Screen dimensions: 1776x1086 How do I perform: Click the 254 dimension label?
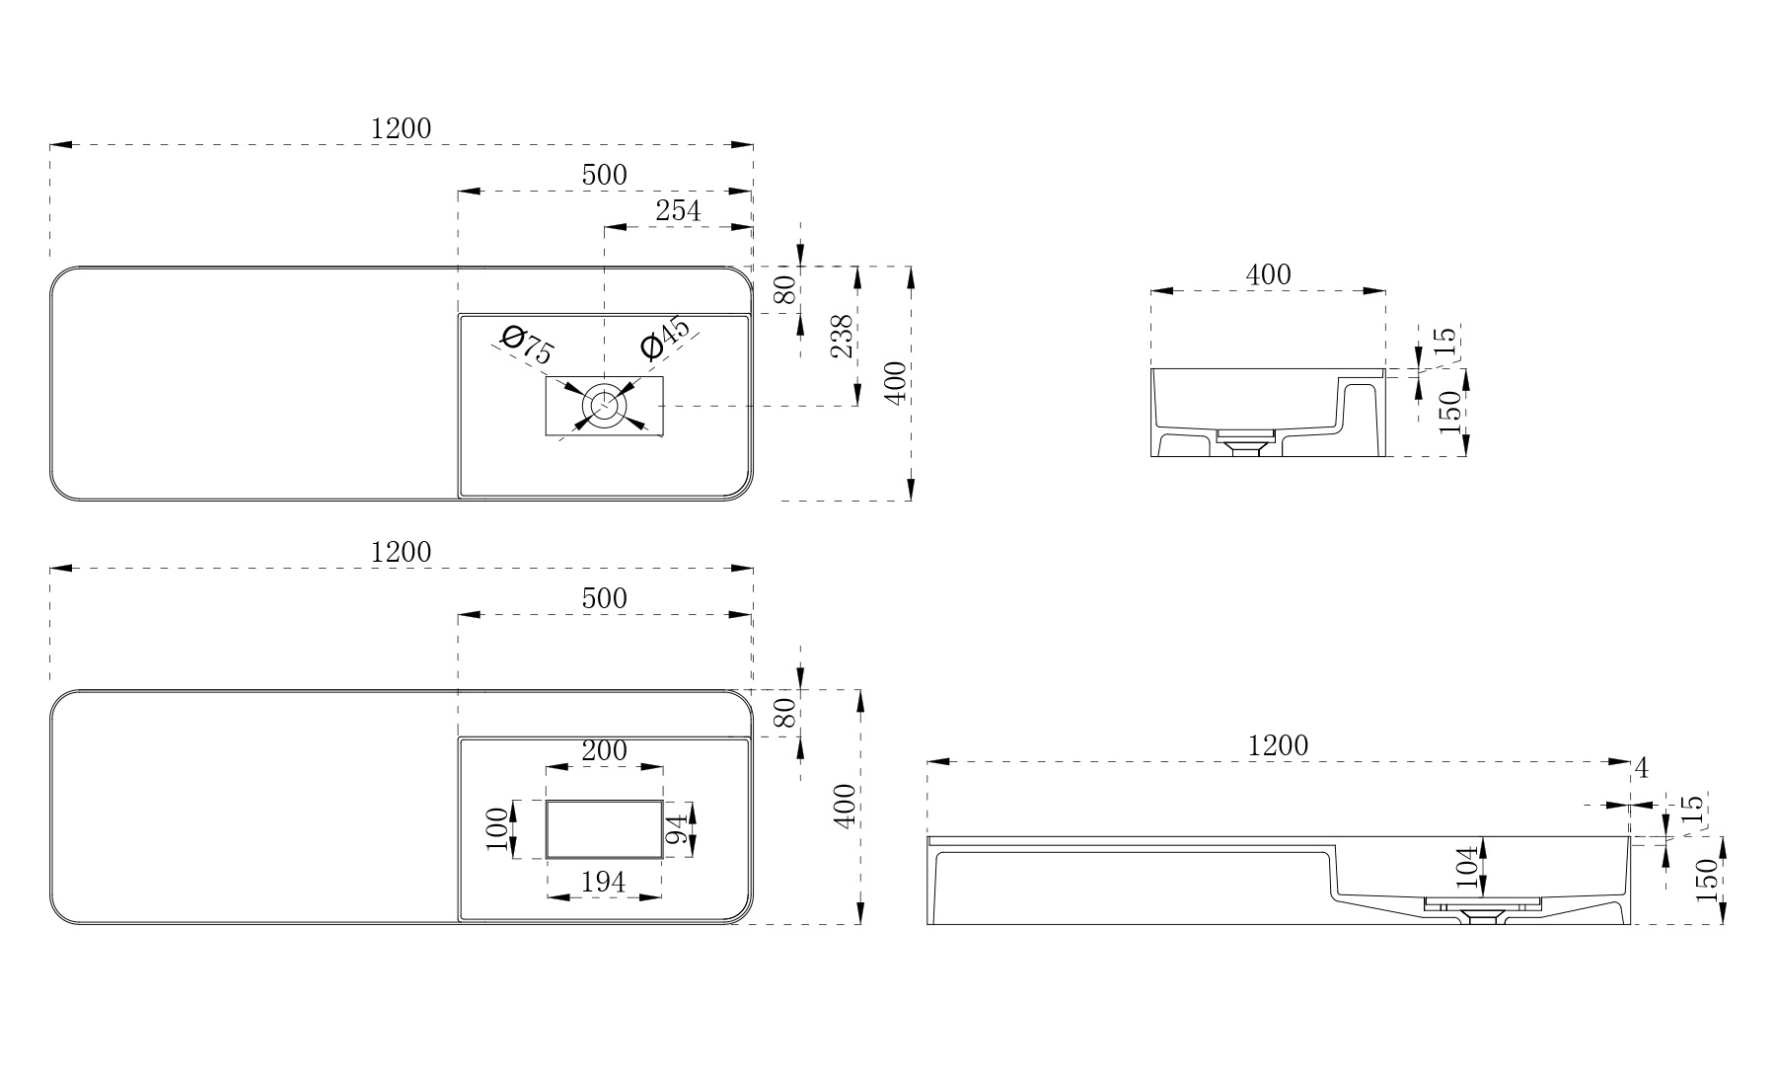pyautogui.click(x=678, y=210)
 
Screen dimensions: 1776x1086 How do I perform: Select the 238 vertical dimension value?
pyautogui.click(x=841, y=337)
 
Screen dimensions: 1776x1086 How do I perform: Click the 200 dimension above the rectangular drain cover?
pyautogui.click(x=604, y=751)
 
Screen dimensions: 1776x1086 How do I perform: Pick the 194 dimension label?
pyautogui.click(x=603, y=882)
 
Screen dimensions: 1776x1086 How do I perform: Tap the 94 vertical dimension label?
pyautogui.click(x=676, y=829)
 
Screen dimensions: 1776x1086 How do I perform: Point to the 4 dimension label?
pyautogui.click(x=1641, y=767)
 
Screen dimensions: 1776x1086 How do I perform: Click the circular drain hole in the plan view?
pyautogui.click(x=603, y=405)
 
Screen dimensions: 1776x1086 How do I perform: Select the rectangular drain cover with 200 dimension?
pyautogui.click(x=604, y=829)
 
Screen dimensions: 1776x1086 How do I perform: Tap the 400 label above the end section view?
pyautogui.click(x=1268, y=274)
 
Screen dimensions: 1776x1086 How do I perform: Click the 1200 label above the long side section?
pyautogui.click(x=1278, y=745)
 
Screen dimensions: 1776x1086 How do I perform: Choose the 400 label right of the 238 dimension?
pyautogui.click(x=895, y=383)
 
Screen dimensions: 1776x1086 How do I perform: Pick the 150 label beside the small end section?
pyautogui.click(x=1449, y=413)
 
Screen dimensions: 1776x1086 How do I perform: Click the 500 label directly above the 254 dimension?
pyautogui.click(x=604, y=175)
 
